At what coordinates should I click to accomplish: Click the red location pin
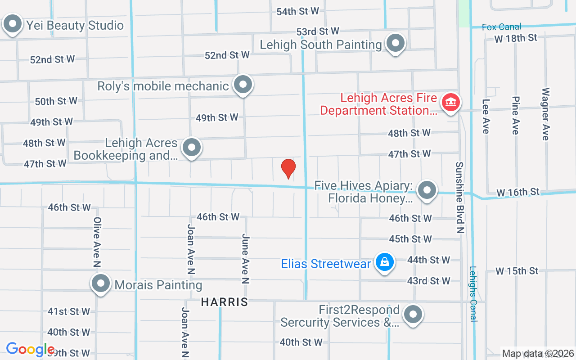point(288,168)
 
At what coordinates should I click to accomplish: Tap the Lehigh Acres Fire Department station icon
point(450,103)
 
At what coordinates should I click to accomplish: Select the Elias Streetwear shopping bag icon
point(384,262)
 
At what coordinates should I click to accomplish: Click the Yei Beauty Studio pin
point(13,23)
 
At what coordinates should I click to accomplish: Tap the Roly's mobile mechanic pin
point(243,84)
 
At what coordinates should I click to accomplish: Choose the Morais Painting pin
point(101,283)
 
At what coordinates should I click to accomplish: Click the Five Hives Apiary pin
point(427,190)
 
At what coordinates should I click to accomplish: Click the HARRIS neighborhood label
point(225,302)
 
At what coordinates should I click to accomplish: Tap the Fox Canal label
point(501,27)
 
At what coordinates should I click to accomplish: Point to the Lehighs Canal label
point(473,294)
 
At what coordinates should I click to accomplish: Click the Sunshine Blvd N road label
point(459,197)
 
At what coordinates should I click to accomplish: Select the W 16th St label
point(517,193)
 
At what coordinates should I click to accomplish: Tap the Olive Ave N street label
point(97,242)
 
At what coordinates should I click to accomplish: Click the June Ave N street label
point(245,259)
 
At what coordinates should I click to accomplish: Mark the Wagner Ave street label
point(545,113)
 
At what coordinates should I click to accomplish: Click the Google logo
point(30,349)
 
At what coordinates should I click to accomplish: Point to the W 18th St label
point(515,38)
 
